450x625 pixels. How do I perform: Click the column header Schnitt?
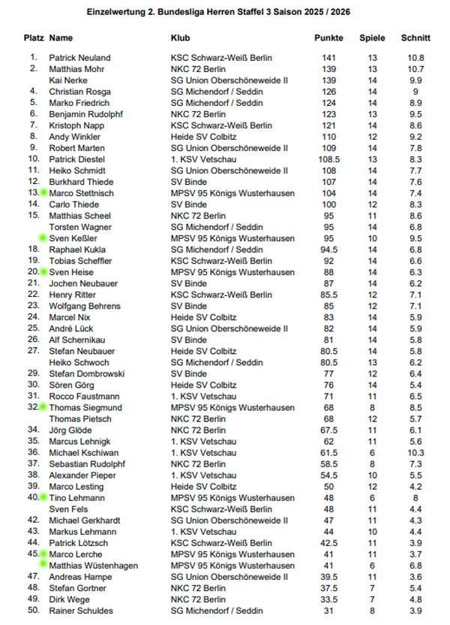415,38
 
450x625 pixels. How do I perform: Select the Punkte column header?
328,38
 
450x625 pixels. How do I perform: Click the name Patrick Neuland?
79,58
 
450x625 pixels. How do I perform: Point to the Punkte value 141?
328,58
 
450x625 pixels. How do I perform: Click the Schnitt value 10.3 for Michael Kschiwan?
415,452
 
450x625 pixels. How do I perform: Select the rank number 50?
33,610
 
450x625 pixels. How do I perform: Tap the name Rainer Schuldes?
80,610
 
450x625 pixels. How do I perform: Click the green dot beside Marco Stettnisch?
43,193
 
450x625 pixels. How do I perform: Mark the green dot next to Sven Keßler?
43,238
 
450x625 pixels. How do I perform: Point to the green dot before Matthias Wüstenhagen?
43,565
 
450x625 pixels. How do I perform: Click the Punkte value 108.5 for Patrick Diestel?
328,159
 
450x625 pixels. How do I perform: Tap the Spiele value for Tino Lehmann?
372,497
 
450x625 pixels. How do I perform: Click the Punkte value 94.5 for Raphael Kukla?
328,249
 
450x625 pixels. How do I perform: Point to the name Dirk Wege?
70,599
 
